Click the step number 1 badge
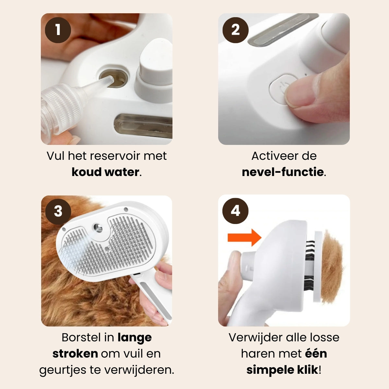pos(58,30)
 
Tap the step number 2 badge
pos(235,30)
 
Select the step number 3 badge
pos(58,211)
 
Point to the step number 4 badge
pos(235,211)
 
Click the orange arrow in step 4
pos(244,237)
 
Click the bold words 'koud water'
pos(105,172)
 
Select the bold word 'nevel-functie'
pos(283,172)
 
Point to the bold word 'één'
pos(316,353)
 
